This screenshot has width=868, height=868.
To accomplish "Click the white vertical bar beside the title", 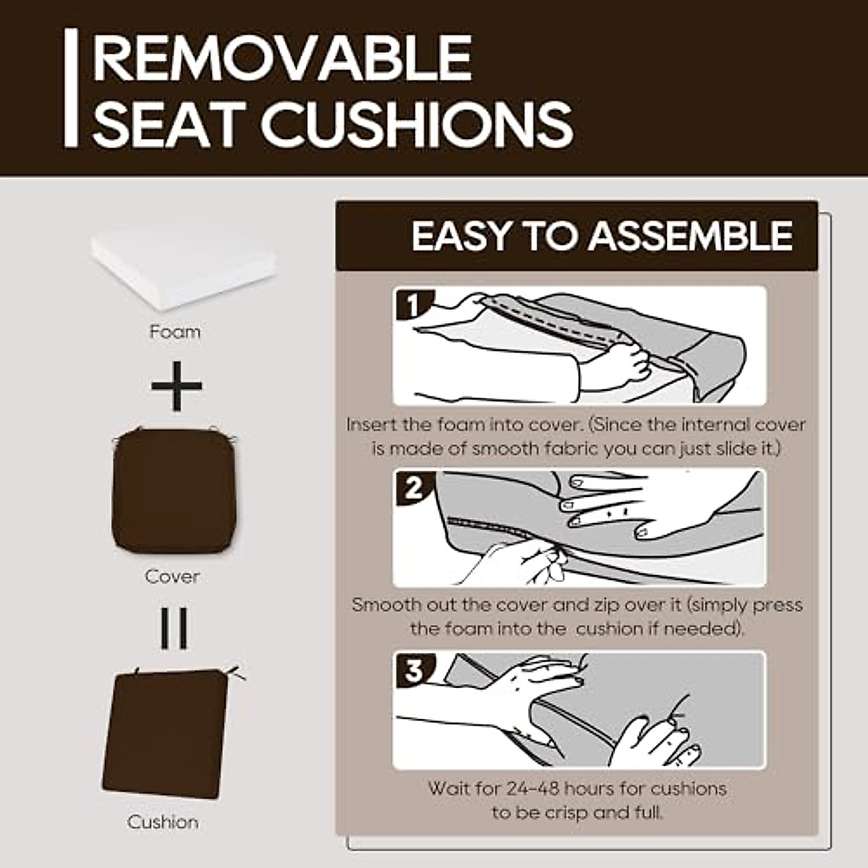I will click(70, 88).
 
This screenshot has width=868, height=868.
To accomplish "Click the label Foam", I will click(174, 332).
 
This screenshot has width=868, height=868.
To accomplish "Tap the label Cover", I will click(172, 576).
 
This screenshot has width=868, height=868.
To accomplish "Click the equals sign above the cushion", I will click(174, 628).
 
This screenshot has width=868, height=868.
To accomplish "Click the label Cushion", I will click(163, 822).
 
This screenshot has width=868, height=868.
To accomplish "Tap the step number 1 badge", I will click(412, 306).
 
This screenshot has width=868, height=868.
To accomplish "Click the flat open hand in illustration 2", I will click(622, 509).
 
